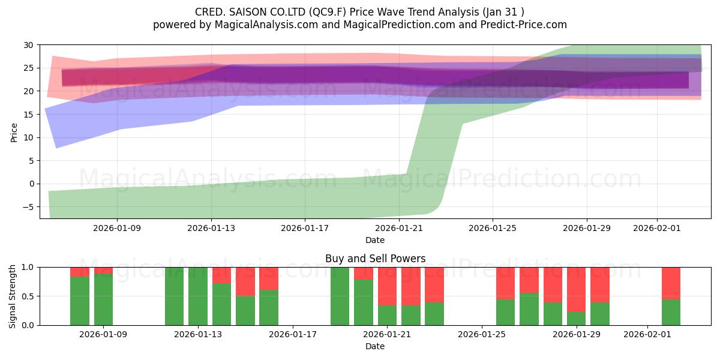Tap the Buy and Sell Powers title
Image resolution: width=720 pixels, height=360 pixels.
(x=375, y=259)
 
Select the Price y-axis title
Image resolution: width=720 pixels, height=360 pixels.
(x=14, y=133)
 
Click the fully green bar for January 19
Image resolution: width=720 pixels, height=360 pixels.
(x=340, y=296)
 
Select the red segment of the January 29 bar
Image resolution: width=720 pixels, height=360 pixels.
(x=576, y=289)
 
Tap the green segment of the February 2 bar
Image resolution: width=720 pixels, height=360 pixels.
(x=671, y=312)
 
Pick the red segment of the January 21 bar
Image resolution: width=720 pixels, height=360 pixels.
(x=387, y=286)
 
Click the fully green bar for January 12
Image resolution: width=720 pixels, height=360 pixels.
(x=174, y=296)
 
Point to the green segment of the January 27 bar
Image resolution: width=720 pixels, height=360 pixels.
(x=529, y=309)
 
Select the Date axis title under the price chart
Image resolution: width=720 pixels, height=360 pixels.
(x=375, y=240)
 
